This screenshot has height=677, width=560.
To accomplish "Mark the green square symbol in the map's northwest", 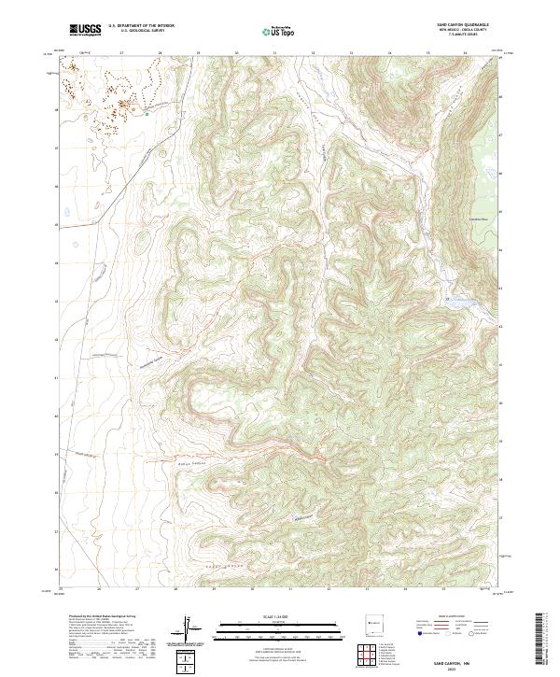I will point(147,114).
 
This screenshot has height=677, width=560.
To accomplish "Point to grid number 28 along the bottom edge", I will point(175,590).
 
